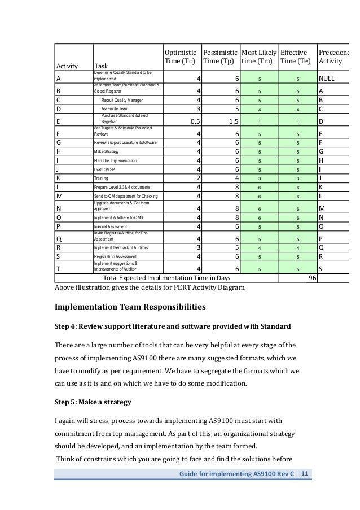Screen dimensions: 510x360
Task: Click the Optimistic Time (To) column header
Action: (181, 56)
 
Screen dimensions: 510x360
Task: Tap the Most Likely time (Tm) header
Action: (258, 56)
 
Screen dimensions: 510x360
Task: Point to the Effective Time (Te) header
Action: (295, 56)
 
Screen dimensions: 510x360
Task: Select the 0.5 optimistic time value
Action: (192, 120)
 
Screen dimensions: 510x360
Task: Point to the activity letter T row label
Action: (59, 268)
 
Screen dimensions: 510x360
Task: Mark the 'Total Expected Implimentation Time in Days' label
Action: (166, 278)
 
